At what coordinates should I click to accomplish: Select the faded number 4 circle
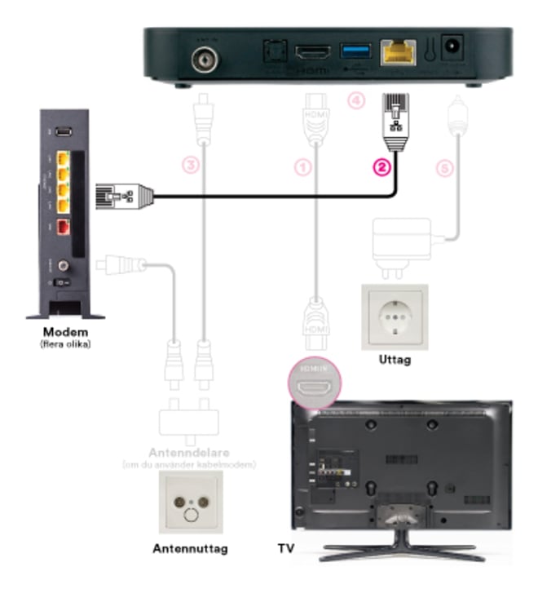click(x=354, y=102)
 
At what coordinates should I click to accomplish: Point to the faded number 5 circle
click(x=444, y=167)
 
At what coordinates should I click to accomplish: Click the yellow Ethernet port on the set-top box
click(x=399, y=53)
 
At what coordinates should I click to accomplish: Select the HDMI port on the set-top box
click(x=311, y=53)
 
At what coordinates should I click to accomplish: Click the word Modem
click(x=65, y=333)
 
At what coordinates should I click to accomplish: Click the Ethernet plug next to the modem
click(x=122, y=196)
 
